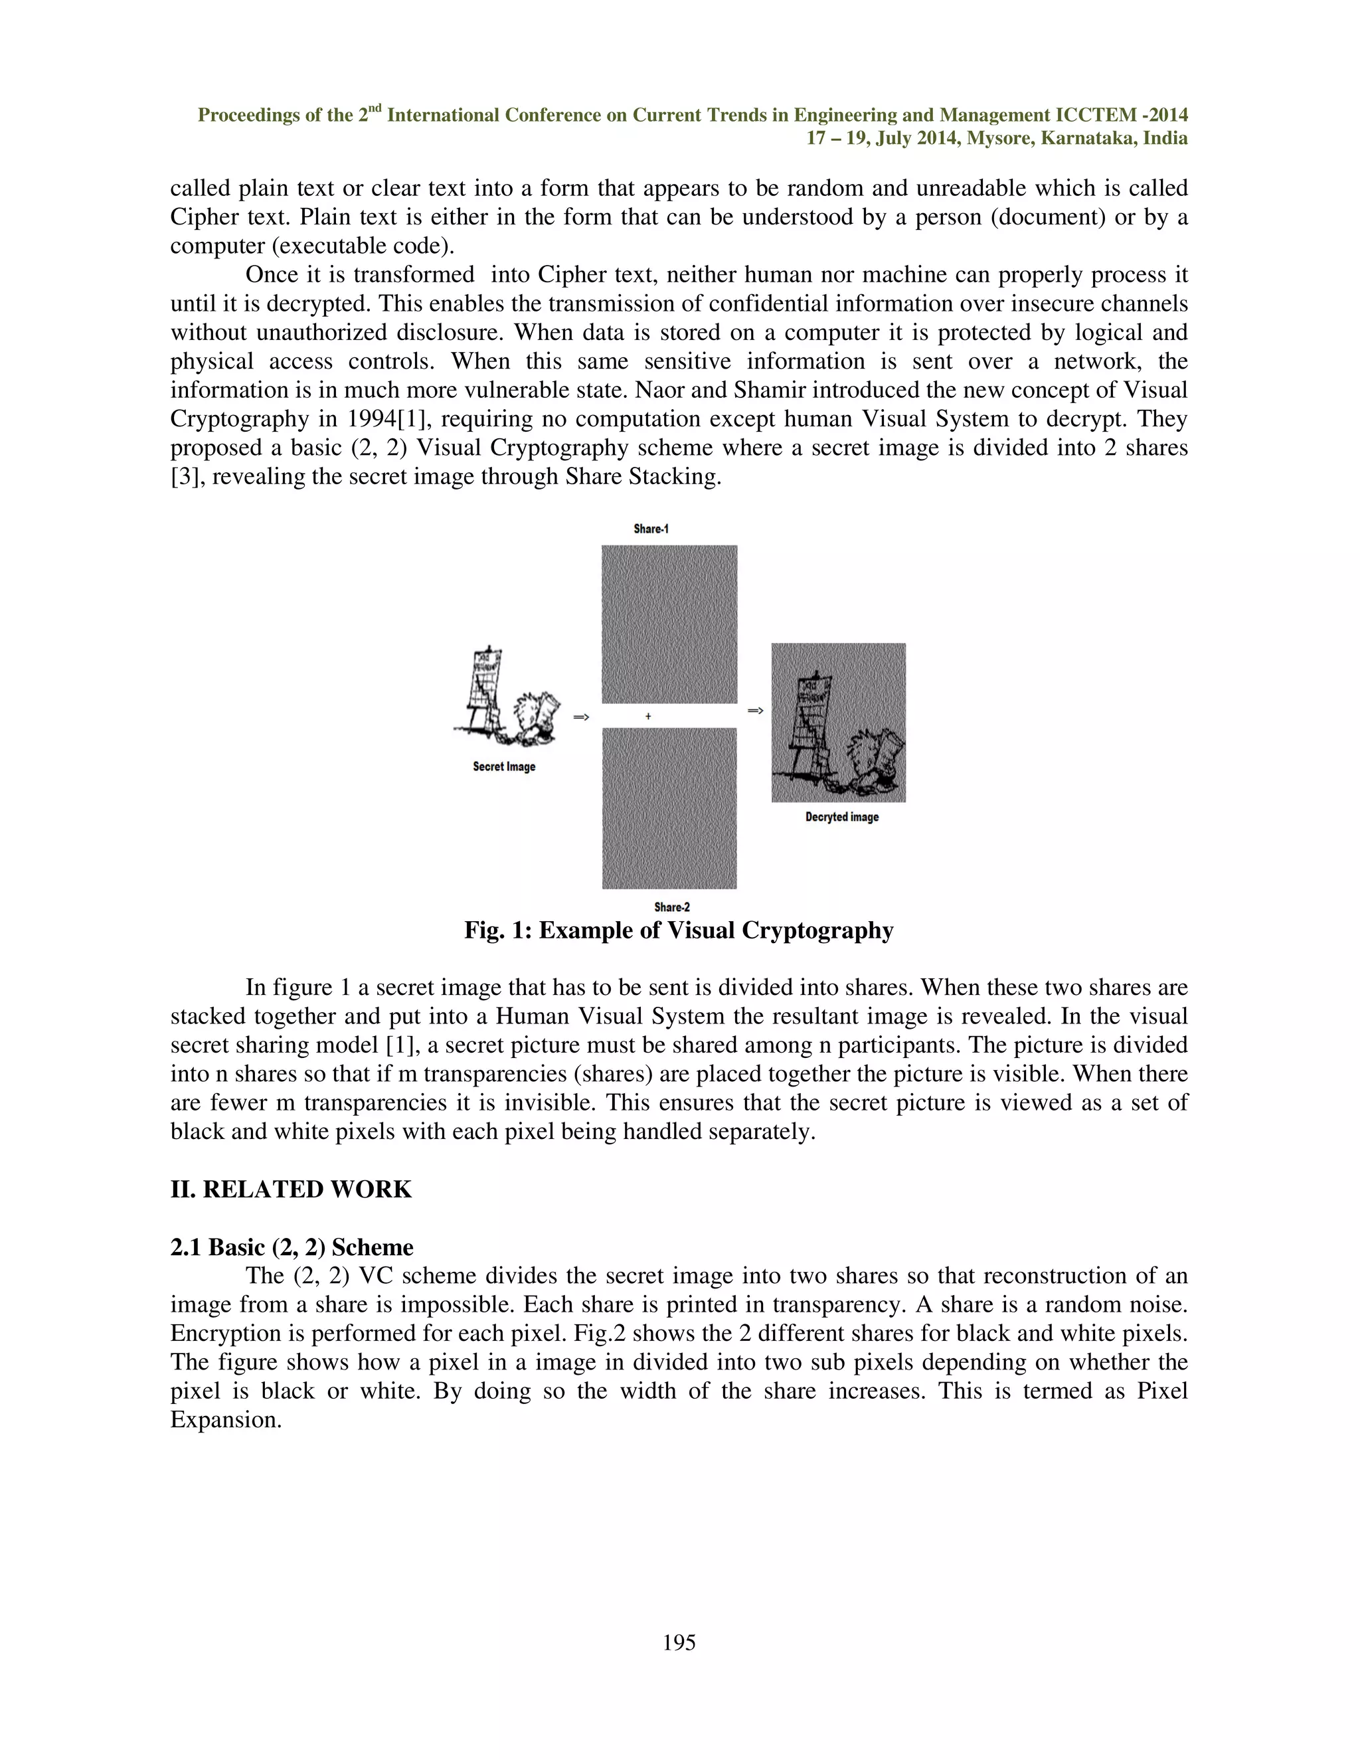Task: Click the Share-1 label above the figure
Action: (x=651, y=529)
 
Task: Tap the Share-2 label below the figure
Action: (x=672, y=907)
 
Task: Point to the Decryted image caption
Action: (x=842, y=817)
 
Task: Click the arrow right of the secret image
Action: (x=581, y=717)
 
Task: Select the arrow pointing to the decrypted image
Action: (x=756, y=710)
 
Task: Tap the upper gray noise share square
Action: (x=669, y=624)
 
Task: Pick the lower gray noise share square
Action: (x=669, y=808)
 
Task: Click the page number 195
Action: (x=679, y=1642)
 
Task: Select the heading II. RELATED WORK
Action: (x=291, y=1189)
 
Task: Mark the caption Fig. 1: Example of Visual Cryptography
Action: (x=679, y=930)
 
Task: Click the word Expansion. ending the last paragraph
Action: (x=226, y=1420)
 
